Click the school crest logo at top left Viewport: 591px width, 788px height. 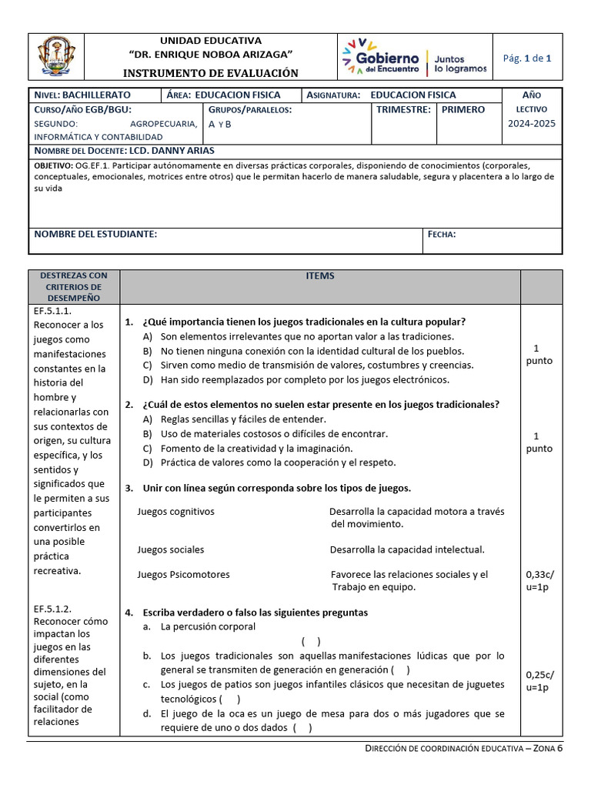(56, 58)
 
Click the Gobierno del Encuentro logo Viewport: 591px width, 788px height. (382, 58)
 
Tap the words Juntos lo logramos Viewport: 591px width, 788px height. (460, 63)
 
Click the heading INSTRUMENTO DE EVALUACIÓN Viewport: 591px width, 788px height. (210, 73)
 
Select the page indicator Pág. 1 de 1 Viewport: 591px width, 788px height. (526, 58)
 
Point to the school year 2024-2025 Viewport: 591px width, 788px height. (531, 123)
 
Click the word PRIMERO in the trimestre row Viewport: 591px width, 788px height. (463, 109)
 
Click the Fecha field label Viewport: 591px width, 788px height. (442, 234)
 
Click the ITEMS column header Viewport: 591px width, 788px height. (320, 276)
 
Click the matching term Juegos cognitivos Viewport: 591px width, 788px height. (175, 511)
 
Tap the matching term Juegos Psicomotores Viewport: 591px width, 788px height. (183, 574)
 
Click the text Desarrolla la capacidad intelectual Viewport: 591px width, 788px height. (407, 549)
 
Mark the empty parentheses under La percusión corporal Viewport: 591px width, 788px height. (311, 641)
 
